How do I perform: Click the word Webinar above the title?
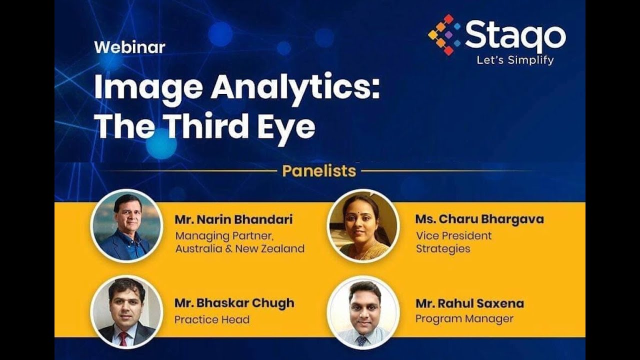click(129, 47)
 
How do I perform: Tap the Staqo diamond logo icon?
click(444, 34)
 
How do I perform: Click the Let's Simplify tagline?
click(515, 60)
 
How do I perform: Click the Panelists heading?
click(319, 171)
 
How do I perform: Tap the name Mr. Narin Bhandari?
click(233, 219)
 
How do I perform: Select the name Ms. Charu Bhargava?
click(479, 219)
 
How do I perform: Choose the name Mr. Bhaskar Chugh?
click(234, 303)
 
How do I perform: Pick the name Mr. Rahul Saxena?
click(469, 303)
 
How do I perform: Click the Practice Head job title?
click(212, 320)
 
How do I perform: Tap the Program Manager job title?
click(464, 319)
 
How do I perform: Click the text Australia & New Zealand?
click(239, 249)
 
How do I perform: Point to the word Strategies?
click(443, 249)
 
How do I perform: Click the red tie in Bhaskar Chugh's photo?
click(123, 338)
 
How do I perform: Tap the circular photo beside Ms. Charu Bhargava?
click(363, 226)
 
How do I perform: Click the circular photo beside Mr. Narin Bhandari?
click(126, 226)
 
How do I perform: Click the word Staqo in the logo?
click(515, 35)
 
